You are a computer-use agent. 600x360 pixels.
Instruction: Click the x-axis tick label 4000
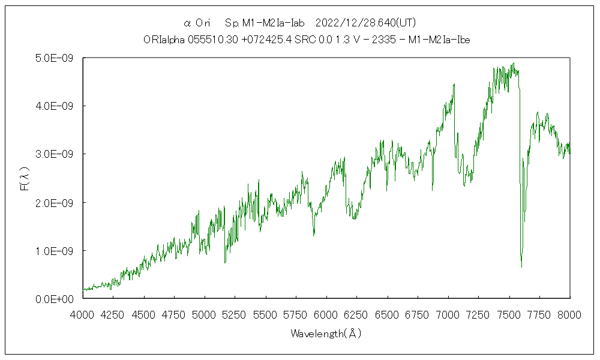coord(83,314)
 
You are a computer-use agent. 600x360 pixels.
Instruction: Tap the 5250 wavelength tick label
coord(235,314)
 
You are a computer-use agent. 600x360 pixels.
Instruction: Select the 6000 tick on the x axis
coord(326,314)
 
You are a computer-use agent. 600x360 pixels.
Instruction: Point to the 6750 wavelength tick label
coord(418,314)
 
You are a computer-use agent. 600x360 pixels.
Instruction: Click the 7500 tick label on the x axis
coord(509,314)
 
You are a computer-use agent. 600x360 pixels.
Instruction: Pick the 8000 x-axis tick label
coord(569,314)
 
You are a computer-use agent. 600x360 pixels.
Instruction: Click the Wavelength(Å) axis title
coord(326,334)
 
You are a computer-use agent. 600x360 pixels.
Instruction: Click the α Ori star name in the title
coord(196,23)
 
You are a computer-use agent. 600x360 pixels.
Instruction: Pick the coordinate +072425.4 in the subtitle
coord(254,40)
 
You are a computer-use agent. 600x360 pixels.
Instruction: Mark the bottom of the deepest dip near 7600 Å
coord(521,266)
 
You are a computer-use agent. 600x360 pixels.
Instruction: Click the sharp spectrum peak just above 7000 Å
coord(454,85)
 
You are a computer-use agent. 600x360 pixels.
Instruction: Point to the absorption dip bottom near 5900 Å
coord(314,235)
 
